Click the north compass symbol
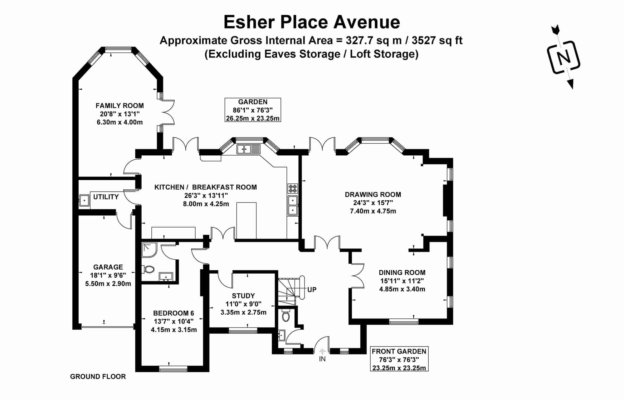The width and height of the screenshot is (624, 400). click(x=564, y=57)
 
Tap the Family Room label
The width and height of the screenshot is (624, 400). click(x=120, y=106)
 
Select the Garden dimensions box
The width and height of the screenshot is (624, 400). click(x=253, y=110)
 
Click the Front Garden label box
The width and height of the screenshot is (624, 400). click(x=399, y=359)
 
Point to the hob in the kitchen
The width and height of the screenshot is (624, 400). click(x=293, y=188)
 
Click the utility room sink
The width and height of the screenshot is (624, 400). click(x=84, y=200)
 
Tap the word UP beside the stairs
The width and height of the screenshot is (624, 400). click(x=312, y=290)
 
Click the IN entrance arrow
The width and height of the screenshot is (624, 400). click(x=323, y=352)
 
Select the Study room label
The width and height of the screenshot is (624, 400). click(x=243, y=296)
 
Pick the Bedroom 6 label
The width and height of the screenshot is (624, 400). click(x=173, y=313)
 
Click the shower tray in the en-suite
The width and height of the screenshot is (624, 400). click(x=149, y=250)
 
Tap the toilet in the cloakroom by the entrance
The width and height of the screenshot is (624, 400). click(x=285, y=316)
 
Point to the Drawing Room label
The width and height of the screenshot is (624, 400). click(x=373, y=194)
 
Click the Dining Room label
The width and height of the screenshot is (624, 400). click(x=402, y=272)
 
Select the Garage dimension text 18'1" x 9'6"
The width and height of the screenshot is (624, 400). click(x=108, y=275)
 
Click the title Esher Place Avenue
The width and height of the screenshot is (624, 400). click(x=312, y=22)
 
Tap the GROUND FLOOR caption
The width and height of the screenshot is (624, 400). click(x=98, y=377)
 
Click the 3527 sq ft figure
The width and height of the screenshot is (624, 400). click(x=437, y=41)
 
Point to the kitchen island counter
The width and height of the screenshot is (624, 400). click(x=246, y=221)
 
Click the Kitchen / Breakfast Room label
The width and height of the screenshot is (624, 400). click(x=206, y=187)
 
